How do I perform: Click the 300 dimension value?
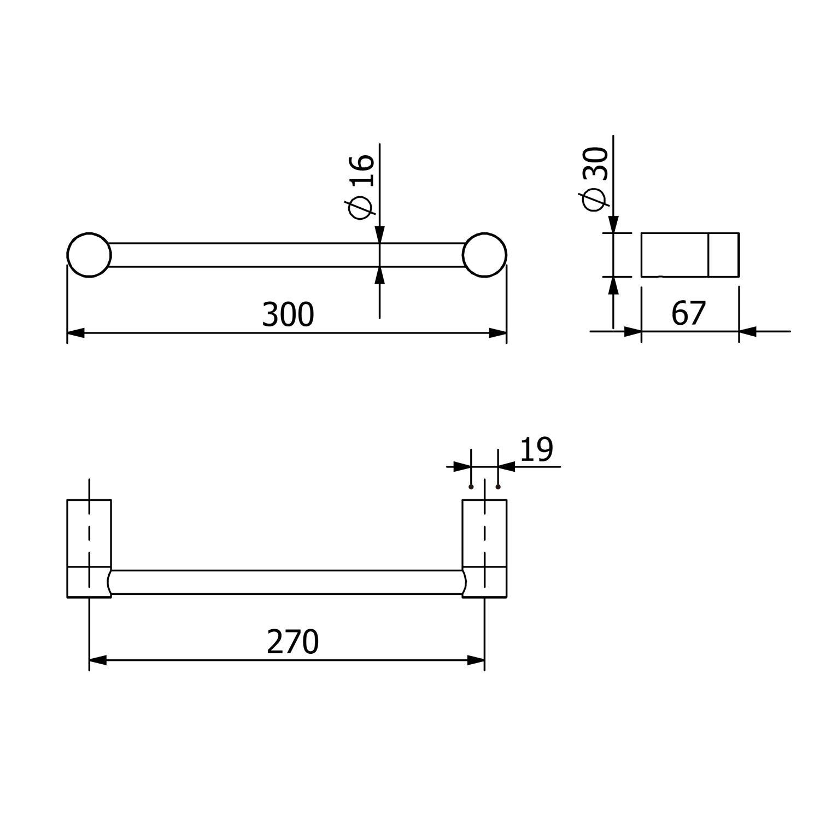[288, 315]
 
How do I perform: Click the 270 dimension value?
[292, 642]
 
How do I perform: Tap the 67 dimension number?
[689, 314]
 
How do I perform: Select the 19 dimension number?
[536, 450]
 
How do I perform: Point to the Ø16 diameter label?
[361, 186]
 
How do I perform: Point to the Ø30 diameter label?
[595, 178]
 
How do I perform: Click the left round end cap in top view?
[89, 255]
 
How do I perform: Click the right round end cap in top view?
[484, 255]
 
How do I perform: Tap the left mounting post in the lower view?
[89, 548]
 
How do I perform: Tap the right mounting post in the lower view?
[484, 548]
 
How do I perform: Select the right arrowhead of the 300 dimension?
[497, 333]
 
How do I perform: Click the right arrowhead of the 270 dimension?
[476, 661]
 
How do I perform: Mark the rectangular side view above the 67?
[690, 255]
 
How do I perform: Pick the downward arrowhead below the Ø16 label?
[380, 235]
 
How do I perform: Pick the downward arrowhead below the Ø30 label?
[613, 224]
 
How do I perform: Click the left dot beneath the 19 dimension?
[471, 487]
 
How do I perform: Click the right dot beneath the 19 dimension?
[497, 487]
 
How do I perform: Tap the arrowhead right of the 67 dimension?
[748, 331]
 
